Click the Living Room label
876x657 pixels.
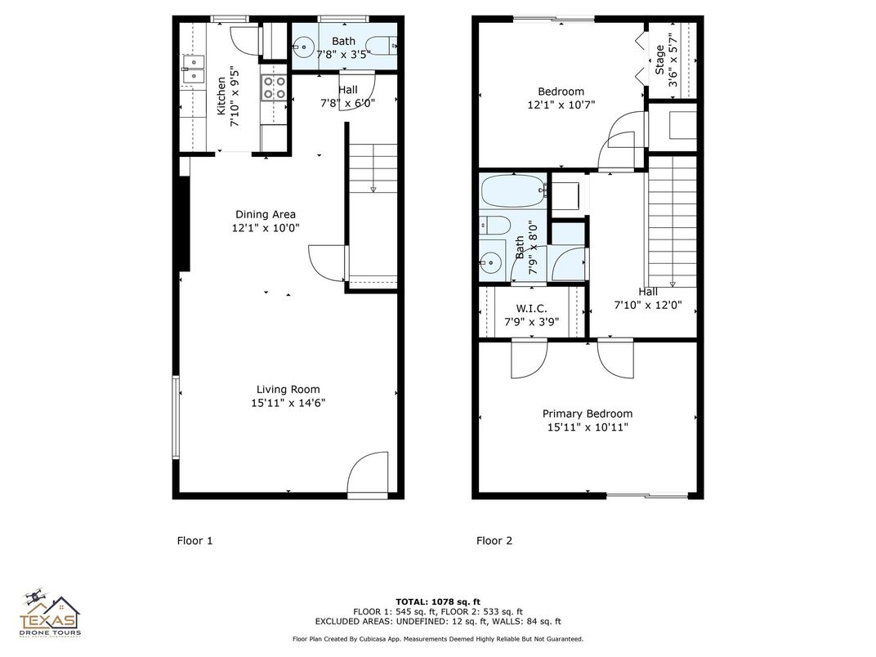(288, 389)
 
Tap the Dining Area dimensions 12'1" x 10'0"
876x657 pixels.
(266, 228)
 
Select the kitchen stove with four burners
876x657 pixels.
(274, 87)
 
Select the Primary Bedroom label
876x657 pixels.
(587, 413)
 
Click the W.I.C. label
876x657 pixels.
(531, 308)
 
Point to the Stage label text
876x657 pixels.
(660, 60)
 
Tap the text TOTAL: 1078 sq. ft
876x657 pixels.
(437, 601)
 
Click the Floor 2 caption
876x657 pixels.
(494, 540)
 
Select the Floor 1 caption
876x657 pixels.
(194, 540)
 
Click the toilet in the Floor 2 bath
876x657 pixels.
(495, 225)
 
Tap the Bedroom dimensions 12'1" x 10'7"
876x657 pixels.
(561, 105)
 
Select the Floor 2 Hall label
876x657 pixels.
(647, 292)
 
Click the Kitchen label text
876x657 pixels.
(221, 96)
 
